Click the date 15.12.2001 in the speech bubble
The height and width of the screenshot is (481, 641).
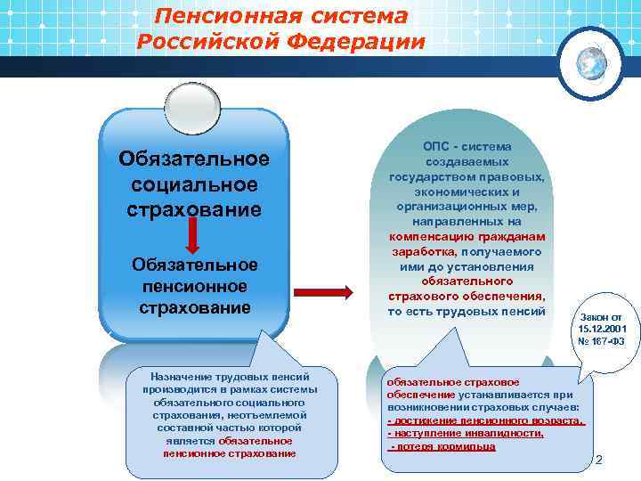(x=602, y=330)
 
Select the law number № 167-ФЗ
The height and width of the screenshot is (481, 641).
(x=602, y=343)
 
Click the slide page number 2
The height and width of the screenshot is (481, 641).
(x=598, y=461)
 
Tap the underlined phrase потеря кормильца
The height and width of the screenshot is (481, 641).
(x=445, y=446)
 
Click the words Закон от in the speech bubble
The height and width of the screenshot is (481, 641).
(x=602, y=317)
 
